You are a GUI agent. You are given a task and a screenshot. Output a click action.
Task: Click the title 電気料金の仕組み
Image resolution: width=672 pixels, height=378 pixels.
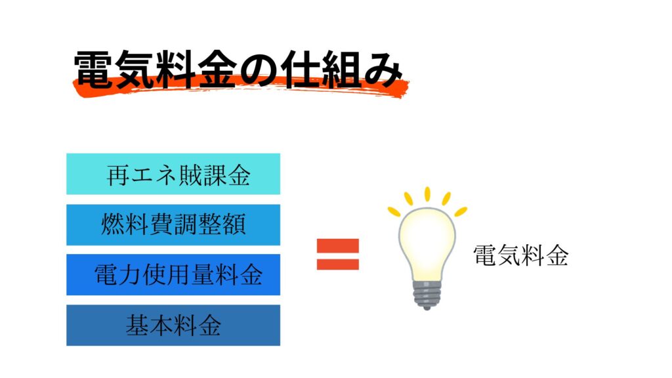pos(238,70)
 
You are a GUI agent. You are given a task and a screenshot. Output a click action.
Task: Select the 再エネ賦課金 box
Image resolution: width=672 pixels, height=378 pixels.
pos(173,174)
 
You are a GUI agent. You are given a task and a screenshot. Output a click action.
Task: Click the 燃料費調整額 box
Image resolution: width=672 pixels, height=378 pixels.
pos(173,224)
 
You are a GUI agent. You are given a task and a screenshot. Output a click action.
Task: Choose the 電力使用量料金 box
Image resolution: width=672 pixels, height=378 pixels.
pos(173,275)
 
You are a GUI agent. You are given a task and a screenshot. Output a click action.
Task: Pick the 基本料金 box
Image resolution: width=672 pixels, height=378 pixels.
pos(173,325)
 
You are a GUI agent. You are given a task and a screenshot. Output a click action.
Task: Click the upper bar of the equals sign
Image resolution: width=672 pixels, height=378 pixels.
pos(338,245)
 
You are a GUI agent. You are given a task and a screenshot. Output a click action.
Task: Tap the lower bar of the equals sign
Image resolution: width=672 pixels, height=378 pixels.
pos(338,264)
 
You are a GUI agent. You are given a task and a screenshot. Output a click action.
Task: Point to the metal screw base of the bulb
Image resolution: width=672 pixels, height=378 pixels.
pos(427,295)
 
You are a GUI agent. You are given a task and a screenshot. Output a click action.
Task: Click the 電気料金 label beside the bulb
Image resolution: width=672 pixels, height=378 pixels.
pos(520,255)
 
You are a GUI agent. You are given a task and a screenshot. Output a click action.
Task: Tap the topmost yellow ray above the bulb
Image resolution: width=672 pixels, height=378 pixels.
pos(427,194)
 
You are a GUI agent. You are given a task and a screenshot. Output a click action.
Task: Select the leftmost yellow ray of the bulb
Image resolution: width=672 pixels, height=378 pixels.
pos(394,211)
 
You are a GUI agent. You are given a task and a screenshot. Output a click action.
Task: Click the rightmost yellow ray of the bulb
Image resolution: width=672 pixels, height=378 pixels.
pos(461,211)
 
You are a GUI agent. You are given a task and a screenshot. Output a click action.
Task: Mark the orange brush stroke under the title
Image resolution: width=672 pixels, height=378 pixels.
pos(240,87)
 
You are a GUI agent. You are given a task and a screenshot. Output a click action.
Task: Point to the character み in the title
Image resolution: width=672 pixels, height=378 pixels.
pos(383,70)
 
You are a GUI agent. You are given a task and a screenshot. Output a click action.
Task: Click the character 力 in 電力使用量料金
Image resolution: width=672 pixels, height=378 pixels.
pos(130,275)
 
